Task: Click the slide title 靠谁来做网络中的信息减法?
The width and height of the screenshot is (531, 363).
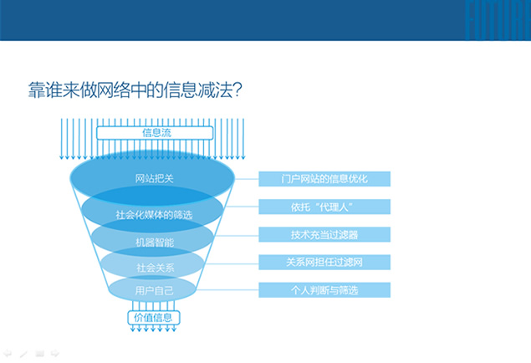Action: [x=135, y=90]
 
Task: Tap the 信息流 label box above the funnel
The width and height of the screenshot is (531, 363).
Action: [x=155, y=133]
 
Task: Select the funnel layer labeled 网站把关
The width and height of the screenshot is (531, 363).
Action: [x=152, y=178]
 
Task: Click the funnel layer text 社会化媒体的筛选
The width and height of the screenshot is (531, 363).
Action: [x=154, y=215]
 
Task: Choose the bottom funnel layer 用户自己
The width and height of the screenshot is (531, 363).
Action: [x=152, y=289]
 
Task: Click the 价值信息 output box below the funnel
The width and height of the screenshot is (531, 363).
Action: [x=153, y=318]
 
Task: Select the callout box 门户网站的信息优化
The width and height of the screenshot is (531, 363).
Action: [x=324, y=179]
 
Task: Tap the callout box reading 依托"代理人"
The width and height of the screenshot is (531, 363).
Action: [x=324, y=207]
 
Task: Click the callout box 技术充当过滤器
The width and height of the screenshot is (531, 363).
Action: [x=324, y=234]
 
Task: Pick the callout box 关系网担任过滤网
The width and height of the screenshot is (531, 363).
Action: [x=324, y=262]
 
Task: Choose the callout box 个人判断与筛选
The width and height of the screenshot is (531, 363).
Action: [x=324, y=290]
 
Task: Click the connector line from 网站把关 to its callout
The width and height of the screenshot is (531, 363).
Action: [x=247, y=179]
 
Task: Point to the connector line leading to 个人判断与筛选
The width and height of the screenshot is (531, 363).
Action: [x=227, y=290]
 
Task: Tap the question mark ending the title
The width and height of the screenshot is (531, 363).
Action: [x=238, y=90]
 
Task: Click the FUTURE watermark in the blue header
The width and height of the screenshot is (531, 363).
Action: [x=498, y=20]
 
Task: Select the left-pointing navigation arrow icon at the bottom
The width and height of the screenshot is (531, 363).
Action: [x=8, y=354]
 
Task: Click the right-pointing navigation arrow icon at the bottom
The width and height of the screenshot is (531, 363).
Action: [x=55, y=354]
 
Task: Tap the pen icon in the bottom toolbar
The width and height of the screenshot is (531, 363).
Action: [x=23, y=354]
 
